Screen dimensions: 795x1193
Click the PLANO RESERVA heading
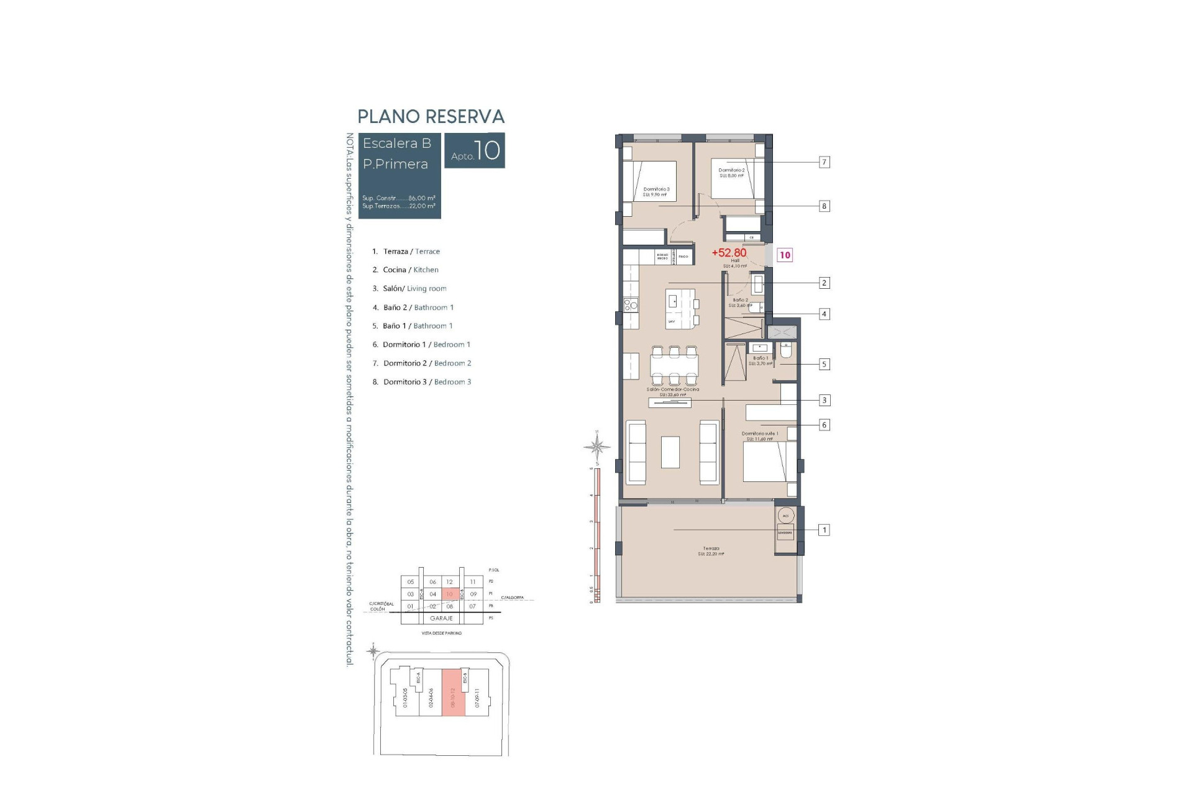pyautogui.click(x=431, y=117)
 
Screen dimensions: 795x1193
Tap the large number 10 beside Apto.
pyautogui.click(x=488, y=150)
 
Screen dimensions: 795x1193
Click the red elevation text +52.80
pyautogui.click(x=729, y=253)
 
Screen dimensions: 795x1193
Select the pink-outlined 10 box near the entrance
pyautogui.click(x=785, y=255)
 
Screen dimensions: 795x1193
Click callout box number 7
pyautogui.click(x=824, y=162)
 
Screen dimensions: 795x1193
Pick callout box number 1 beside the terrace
pyautogui.click(x=824, y=530)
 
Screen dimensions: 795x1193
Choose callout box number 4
pyautogui.click(x=824, y=314)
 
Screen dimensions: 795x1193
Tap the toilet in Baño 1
pyautogui.click(x=785, y=352)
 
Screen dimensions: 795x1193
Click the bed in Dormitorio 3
pyautogui.click(x=650, y=180)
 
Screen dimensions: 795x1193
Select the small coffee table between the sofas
pyautogui.click(x=670, y=452)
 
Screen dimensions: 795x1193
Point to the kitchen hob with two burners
pyautogui.click(x=631, y=305)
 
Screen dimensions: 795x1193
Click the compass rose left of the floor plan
pyautogui.click(x=596, y=446)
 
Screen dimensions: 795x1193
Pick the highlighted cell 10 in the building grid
pyautogui.click(x=450, y=594)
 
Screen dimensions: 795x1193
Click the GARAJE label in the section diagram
pyautogui.click(x=442, y=619)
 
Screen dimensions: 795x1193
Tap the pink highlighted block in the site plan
pyautogui.click(x=453, y=693)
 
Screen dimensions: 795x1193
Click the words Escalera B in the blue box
pyautogui.click(x=396, y=143)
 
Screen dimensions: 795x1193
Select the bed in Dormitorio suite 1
pyautogui.click(x=769, y=461)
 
